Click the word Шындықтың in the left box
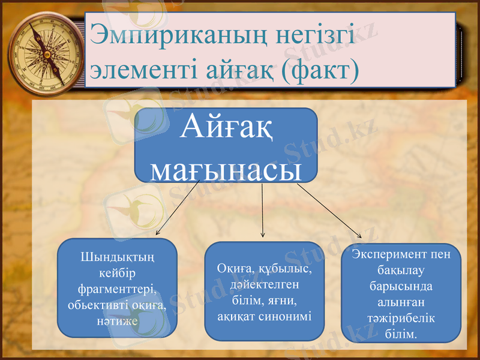117,257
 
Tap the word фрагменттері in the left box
117,289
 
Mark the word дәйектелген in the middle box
264,284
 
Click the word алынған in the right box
401,302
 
